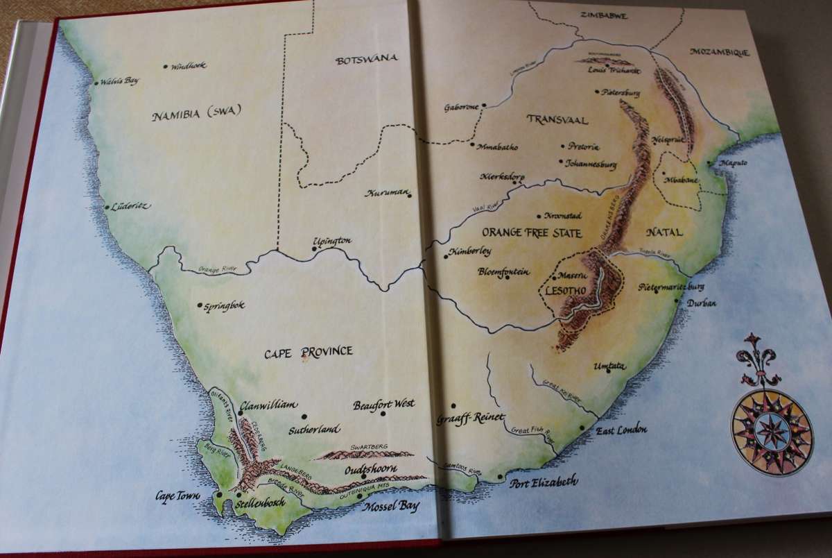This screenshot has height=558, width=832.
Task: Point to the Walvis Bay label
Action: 120,81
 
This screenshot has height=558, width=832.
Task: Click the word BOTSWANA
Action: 366,60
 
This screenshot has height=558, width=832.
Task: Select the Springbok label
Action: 225,305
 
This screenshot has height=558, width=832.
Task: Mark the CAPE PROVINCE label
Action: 309,352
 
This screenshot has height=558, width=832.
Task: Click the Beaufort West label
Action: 383,404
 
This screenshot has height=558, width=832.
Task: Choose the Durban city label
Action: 701,303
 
